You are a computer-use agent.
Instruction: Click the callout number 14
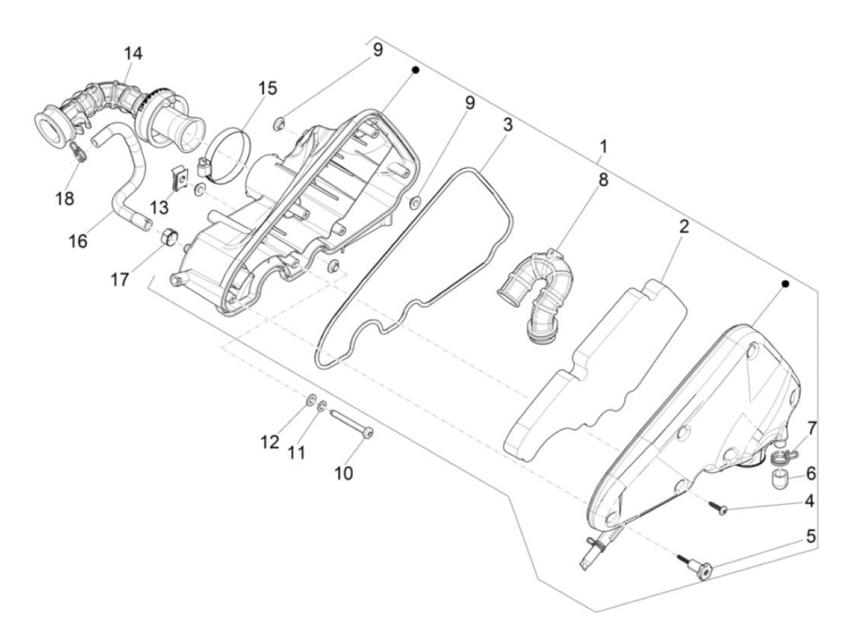(x=133, y=54)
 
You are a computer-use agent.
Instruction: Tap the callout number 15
(x=267, y=88)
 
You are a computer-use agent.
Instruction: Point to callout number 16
(x=78, y=242)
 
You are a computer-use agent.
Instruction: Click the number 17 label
(x=119, y=280)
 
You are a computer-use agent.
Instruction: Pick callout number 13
(x=159, y=207)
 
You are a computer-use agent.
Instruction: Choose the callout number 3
(x=508, y=125)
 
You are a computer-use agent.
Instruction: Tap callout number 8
(x=603, y=180)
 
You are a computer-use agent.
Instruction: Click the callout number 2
(x=683, y=227)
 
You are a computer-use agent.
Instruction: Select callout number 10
(x=343, y=473)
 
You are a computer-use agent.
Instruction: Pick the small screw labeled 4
(x=718, y=508)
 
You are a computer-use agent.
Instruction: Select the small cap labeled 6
(x=778, y=481)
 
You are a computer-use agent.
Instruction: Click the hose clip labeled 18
(x=79, y=151)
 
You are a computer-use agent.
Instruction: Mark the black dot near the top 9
(x=415, y=71)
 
